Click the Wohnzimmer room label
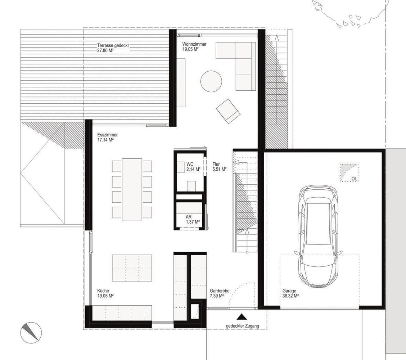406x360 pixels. (194, 44)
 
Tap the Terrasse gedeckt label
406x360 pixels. (113, 45)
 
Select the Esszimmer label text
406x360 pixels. (108, 135)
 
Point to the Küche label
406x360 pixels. (103, 291)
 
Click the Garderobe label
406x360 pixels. (220, 291)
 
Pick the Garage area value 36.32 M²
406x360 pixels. (290, 296)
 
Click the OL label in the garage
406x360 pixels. (354, 179)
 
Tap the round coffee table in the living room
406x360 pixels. (211, 81)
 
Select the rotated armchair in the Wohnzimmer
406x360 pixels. (228, 111)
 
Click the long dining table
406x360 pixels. (132, 189)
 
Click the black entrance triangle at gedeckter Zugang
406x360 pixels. (242, 317)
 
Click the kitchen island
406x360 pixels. (132, 268)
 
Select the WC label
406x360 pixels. (190, 164)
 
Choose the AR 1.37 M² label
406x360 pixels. (193, 219)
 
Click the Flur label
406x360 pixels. (216, 164)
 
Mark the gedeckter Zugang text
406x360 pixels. (242, 326)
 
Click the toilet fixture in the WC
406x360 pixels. (191, 186)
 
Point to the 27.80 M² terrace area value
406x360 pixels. (105, 50)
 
